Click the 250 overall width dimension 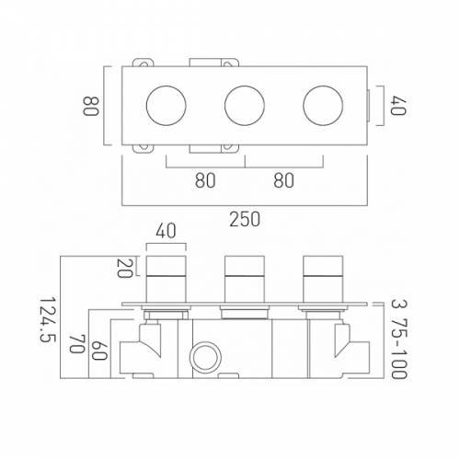[x=245, y=219]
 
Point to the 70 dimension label [x=76, y=344]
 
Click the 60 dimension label [x=99, y=351]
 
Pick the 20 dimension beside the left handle [x=124, y=268]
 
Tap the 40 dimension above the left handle [x=166, y=231]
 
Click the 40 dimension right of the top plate [x=398, y=106]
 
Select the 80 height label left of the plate [x=91, y=106]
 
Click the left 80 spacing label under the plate [x=205, y=180]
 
